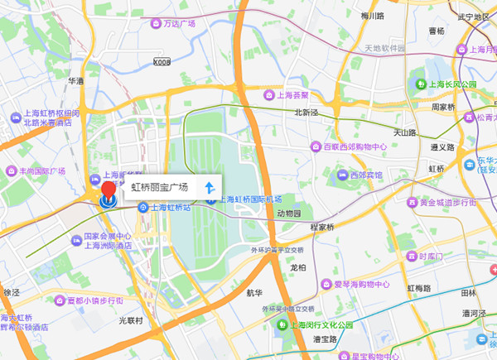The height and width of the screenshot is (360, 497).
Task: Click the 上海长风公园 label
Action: [451, 84]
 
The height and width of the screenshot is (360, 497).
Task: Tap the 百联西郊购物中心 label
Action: [355, 146]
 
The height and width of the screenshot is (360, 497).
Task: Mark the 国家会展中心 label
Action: [107, 236]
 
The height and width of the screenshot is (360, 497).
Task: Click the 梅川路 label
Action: [373, 16]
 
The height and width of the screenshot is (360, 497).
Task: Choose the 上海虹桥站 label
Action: [171, 207]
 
